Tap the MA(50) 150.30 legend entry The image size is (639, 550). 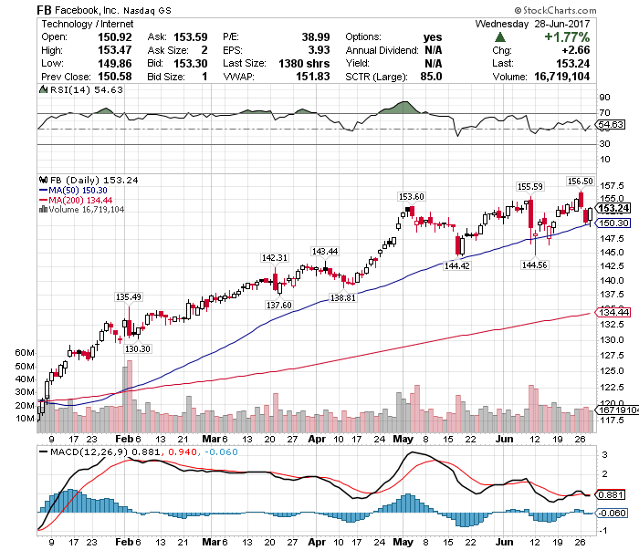[x=78, y=191]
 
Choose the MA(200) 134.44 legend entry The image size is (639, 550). [x=80, y=200]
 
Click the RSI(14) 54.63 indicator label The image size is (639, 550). [x=72, y=103]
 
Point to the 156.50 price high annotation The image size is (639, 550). [x=581, y=181]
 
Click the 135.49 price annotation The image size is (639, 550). [x=129, y=296]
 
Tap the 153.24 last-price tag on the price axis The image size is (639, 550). [x=610, y=207]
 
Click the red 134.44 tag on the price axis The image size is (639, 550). [x=610, y=313]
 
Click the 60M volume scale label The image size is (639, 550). [x=25, y=352]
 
